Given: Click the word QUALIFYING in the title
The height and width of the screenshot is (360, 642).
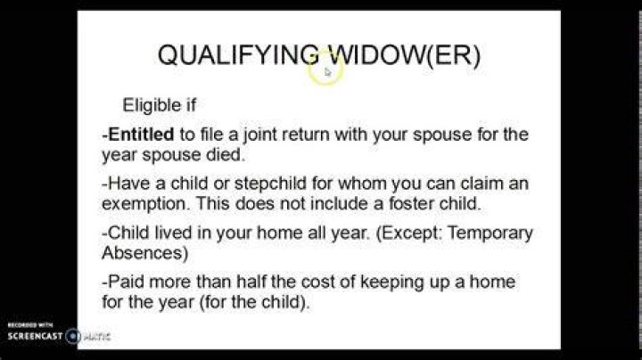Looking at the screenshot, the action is click(x=238, y=55).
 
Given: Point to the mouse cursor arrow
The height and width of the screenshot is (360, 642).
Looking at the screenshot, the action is click(x=328, y=72).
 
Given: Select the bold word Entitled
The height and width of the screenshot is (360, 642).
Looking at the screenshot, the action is click(x=142, y=135).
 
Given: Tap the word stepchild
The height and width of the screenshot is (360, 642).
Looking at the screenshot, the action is click(x=270, y=184).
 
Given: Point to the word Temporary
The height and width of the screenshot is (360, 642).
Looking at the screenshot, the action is click(x=490, y=233).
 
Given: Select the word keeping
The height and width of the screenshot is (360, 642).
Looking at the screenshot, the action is click(x=391, y=282).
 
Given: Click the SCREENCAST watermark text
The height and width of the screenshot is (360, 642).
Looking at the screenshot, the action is click(x=35, y=336).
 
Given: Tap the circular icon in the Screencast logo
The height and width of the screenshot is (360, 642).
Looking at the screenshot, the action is click(x=73, y=336).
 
